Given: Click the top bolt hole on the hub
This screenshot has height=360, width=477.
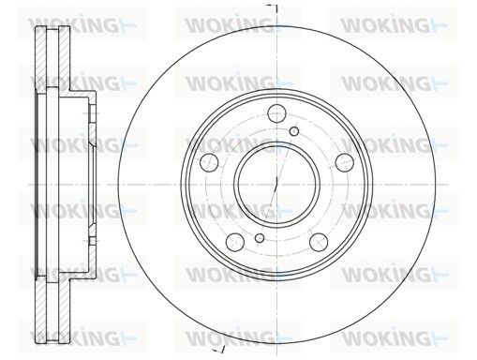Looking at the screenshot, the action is click(277, 113).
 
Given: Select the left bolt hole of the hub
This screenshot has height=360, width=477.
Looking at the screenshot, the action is click(209, 162).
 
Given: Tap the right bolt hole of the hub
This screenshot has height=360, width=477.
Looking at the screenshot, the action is click(345, 162).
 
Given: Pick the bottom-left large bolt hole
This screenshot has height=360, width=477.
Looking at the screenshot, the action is click(235, 242).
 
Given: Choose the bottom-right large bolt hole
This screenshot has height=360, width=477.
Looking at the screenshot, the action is click(319, 242).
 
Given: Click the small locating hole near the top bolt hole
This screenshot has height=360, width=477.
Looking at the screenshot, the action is click(294, 131).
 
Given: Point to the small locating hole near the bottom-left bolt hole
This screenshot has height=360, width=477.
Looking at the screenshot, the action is click(260, 238).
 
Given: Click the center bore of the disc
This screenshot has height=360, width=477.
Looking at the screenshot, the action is click(276, 185).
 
